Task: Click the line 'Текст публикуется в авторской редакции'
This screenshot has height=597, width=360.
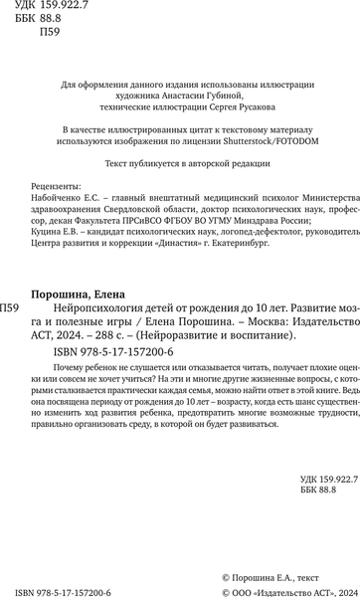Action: [180, 162]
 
